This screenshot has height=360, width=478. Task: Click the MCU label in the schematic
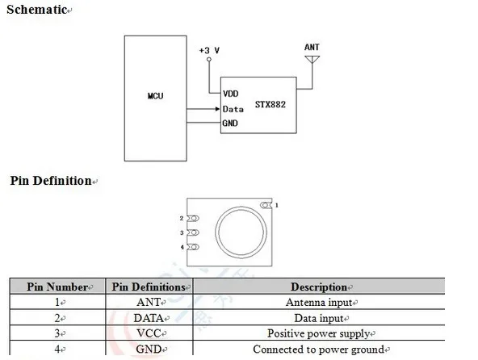[156, 96]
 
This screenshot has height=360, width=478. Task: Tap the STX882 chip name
[270, 105]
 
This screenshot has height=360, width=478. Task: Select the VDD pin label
[231, 94]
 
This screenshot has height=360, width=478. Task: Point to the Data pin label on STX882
[233, 109]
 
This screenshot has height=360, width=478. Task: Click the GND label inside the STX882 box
[230, 123]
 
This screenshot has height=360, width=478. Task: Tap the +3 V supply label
[209, 50]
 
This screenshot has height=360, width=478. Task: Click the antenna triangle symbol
[312, 59]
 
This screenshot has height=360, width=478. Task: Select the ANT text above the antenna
[312, 48]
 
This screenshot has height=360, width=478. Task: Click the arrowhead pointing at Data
[218, 109]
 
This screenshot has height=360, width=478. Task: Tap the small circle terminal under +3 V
[209, 59]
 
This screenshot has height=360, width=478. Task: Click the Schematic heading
[37, 10]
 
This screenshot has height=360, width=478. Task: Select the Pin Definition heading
[51, 181]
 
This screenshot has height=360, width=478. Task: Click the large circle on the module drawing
[241, 207]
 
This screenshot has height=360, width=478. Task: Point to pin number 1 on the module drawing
[277, 206]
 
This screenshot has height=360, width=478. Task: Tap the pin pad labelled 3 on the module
[193, 232]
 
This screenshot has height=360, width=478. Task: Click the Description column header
[319, 287]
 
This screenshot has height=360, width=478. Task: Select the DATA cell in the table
[149, 318]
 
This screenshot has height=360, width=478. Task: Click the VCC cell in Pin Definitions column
[149, 333]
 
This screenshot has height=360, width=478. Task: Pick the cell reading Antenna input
[319, 303]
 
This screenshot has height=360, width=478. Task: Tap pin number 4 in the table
[57, 349]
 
